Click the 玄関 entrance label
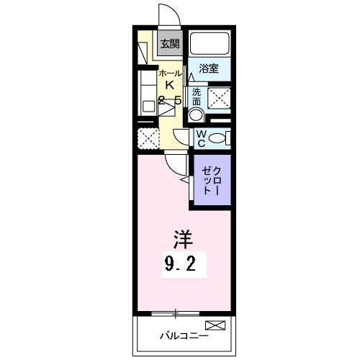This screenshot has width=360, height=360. coord(169,44)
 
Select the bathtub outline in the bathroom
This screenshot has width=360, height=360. coord(209,46)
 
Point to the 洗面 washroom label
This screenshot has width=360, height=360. coord(197,96)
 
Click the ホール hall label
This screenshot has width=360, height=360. coord(170,73)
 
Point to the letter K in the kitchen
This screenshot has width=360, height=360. coord(170,86)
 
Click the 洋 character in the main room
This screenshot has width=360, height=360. coord(181,237)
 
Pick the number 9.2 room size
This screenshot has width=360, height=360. coord(181,264)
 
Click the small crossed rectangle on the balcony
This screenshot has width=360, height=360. coord(215,325)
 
